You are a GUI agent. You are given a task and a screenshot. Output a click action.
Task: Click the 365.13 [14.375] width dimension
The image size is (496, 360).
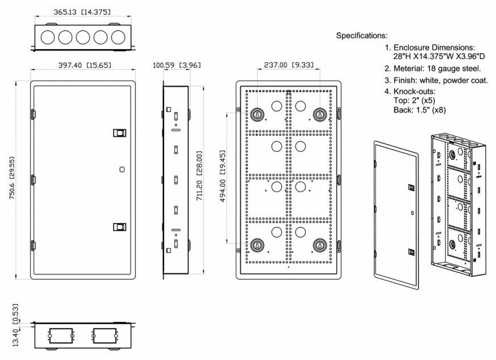(x=82, y=12)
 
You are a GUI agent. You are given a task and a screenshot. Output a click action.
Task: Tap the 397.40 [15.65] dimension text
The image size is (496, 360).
(x=85, y=65)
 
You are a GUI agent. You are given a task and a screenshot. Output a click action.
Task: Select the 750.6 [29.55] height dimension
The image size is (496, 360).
(x=12, y=178)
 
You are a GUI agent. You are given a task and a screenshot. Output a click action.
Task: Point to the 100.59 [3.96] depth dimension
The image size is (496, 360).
(x=177, y=65)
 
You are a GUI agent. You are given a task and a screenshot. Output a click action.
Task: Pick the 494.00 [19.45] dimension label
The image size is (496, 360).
(x=223, y=176)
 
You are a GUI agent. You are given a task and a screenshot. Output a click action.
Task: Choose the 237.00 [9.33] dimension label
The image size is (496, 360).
(x=289, y=65)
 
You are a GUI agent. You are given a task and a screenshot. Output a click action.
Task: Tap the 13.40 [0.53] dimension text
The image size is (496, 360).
(x=15, y=325)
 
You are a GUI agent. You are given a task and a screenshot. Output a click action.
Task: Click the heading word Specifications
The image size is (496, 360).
(x=362, y=36)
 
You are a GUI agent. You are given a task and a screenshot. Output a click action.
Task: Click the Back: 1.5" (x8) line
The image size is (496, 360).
(x=420, y=110)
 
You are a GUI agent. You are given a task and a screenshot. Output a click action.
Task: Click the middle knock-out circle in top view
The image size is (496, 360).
(x=83, y=37)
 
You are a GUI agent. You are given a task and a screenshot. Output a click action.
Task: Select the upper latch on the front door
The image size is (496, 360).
(x=119, y=133)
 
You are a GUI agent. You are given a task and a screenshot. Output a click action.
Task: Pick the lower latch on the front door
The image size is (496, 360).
(x=119, y=227)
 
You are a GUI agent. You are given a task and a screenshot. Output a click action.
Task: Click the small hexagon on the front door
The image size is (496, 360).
(x=122, y=170)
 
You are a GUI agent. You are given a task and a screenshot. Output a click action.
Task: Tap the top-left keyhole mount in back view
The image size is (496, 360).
(x=258, y=114)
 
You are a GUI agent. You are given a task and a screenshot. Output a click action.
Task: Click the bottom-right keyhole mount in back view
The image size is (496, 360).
(x=320, y=245)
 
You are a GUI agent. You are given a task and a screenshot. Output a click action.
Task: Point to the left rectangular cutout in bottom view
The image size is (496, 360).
(x=61, y=336)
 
